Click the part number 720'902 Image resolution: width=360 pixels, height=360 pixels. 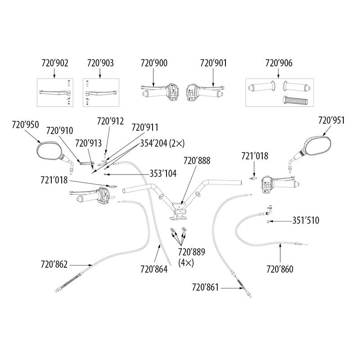coord(54,64)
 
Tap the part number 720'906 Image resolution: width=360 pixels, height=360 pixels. coord(279,64)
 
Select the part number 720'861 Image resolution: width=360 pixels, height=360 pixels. coord(205,286)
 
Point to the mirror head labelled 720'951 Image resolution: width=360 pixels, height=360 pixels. coord(318,144)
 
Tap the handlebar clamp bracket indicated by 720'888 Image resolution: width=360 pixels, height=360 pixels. coord(180,212)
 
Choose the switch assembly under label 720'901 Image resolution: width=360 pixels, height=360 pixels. coord(191,91)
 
